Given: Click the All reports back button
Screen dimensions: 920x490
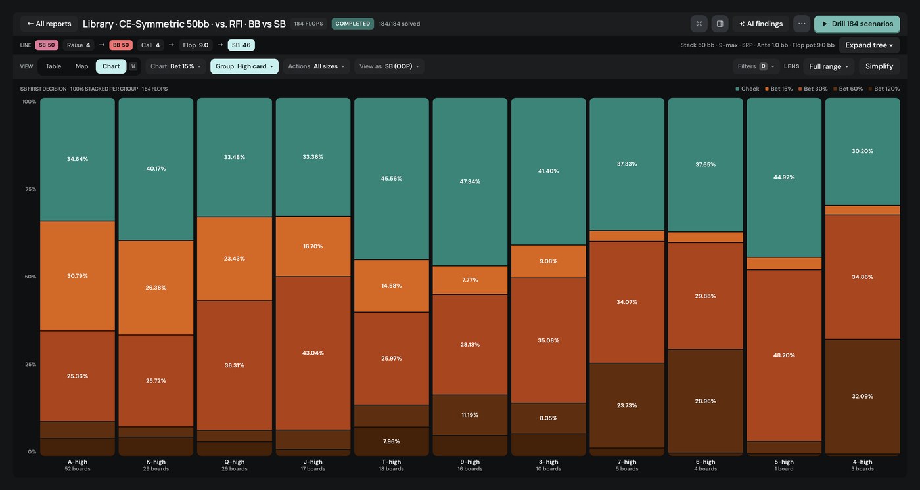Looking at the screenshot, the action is coord(49,24).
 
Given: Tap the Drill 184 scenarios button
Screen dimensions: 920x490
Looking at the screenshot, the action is coord(857,24).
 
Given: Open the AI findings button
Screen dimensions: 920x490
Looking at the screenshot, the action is coord(761,24).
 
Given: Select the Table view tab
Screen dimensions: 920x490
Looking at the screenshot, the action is coord(53,66).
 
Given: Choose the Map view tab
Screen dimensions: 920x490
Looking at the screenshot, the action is coord(81,66).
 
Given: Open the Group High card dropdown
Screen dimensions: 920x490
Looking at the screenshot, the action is coord(244,66).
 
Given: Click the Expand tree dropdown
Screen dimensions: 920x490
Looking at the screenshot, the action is coord(869,45).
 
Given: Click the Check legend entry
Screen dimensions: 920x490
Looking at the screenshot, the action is coord(747,89).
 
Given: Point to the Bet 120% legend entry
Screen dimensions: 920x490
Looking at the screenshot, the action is coord(884,89).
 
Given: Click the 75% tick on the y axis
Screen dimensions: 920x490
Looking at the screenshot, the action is coord(31,189).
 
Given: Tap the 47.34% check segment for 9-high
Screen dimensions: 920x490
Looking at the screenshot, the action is coord(470,181).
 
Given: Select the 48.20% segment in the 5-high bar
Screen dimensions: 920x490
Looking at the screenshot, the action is coord(784,355).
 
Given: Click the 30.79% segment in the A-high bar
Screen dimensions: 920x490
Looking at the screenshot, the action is coord(78,276).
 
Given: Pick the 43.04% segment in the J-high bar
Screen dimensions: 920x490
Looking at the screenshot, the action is coord(313,353).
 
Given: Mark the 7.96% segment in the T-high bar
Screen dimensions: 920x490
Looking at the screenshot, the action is coord(392,441).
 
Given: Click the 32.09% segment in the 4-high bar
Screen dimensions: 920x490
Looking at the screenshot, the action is coord(862,397).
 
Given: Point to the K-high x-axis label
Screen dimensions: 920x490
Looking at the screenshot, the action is coord(156,462).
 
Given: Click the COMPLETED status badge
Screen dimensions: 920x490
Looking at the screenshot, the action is coord(352,24).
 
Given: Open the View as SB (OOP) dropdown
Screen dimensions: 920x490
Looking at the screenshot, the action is coord(389,66).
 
